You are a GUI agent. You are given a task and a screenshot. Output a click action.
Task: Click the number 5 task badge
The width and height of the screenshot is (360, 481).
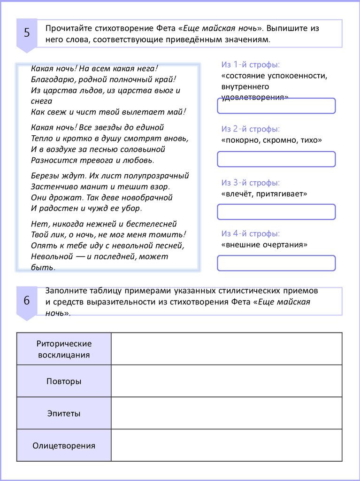(x=27, y=33)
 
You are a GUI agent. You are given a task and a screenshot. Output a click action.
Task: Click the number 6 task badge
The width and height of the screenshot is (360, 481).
(x=27, y=301)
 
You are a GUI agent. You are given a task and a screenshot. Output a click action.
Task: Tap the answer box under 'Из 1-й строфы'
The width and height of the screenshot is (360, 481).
(x=276, y=106)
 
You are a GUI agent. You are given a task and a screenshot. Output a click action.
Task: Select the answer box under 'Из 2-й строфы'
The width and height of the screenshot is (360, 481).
(x=276, y=159)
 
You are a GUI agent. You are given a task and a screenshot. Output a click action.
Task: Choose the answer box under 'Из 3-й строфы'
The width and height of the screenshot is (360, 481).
(x=276, y=212)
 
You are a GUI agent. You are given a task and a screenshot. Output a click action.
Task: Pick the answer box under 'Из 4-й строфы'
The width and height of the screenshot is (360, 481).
(x=276, y=263)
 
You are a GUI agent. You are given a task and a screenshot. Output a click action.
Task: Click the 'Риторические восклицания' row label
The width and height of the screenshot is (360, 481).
(x=64, y=349)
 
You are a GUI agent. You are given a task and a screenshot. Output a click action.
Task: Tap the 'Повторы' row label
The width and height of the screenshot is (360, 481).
(x=64, y=381)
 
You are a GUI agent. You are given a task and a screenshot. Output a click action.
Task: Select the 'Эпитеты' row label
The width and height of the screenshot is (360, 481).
(x=64, y=413)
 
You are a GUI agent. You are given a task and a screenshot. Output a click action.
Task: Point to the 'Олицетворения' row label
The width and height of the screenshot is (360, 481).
(x=64, y=445)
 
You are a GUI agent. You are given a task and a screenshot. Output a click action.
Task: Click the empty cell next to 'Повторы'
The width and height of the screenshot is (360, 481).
(x=226, y=381)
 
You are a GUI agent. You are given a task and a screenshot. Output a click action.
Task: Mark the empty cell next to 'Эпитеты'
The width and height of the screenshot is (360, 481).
(x=226, y=413)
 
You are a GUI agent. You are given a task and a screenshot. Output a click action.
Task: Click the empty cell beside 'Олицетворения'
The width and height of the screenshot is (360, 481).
(x=226, y=445)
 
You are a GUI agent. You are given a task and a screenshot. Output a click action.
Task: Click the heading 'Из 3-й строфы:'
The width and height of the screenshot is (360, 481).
(x=251, y=183)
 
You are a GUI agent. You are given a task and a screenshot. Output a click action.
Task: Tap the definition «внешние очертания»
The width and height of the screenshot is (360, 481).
(x=264, y=244)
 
